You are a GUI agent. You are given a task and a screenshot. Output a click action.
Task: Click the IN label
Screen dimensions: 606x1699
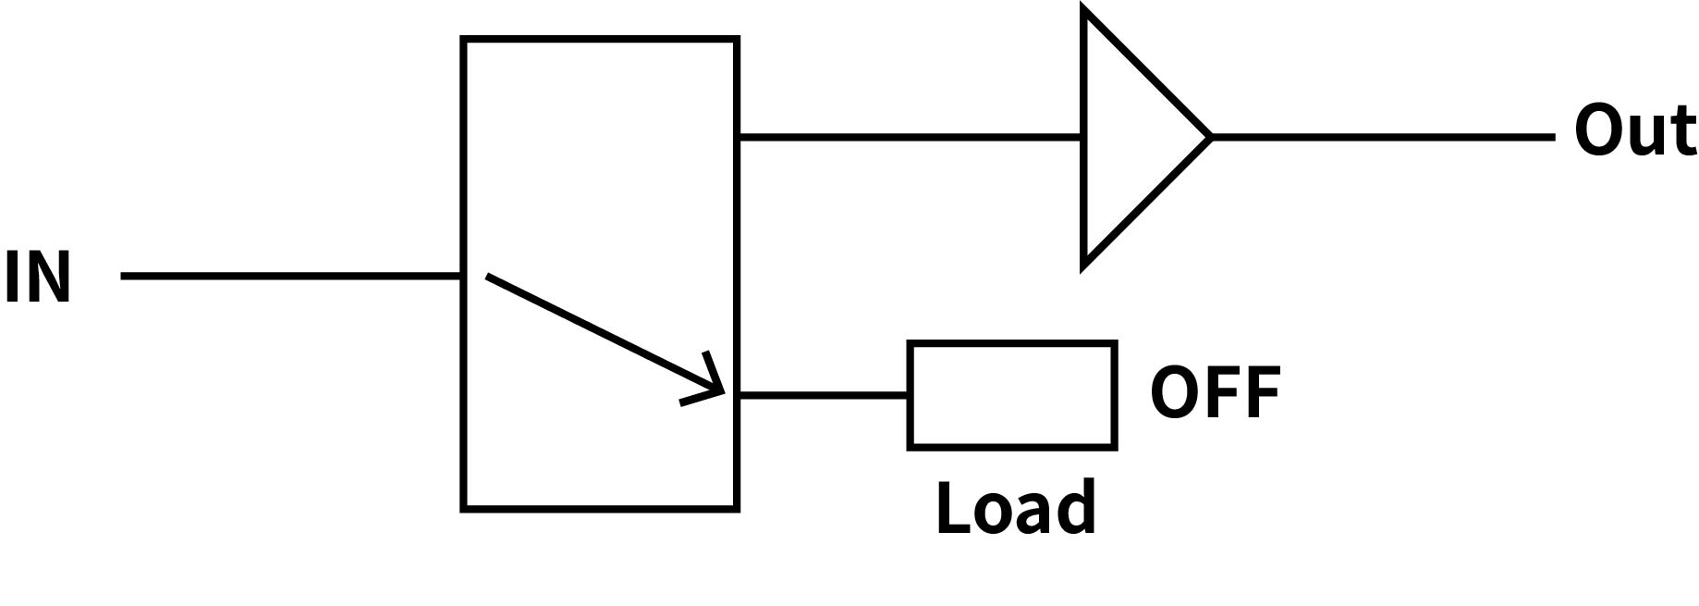(x=38, y=277)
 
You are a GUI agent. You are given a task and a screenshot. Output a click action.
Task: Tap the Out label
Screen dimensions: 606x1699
(x=1634, y=131)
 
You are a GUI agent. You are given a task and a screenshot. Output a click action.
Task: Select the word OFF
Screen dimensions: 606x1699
(x=1215, y=392)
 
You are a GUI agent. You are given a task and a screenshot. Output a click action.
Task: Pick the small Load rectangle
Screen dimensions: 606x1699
(x=1012, y=395)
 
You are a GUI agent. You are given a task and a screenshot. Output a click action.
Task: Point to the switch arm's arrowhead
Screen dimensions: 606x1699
(x=714, y=389)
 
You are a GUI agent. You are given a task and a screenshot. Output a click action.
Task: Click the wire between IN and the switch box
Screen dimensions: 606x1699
(x=291, y=276)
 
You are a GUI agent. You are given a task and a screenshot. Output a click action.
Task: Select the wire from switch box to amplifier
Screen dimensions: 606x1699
(x=911, y=137)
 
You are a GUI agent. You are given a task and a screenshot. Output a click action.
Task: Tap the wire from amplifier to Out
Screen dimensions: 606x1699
(x=1382, y=137)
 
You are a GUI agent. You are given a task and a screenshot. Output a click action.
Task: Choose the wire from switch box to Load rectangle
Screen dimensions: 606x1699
(x=823, y=395)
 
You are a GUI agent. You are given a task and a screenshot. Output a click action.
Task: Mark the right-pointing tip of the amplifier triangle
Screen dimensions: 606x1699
(x=1209, y=137)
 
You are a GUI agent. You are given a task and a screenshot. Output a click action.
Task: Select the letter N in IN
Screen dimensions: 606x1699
(x=49, y=277)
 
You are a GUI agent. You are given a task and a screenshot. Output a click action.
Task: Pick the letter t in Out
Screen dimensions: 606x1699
(x=1682, y=133)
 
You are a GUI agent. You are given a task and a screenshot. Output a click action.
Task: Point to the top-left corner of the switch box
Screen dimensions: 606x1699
(x=463, y=40)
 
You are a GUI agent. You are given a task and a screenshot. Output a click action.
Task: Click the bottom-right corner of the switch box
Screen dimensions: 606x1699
(x=737, y=508)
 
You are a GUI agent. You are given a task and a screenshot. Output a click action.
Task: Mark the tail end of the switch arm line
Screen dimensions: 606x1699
(x=488, y=275)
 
